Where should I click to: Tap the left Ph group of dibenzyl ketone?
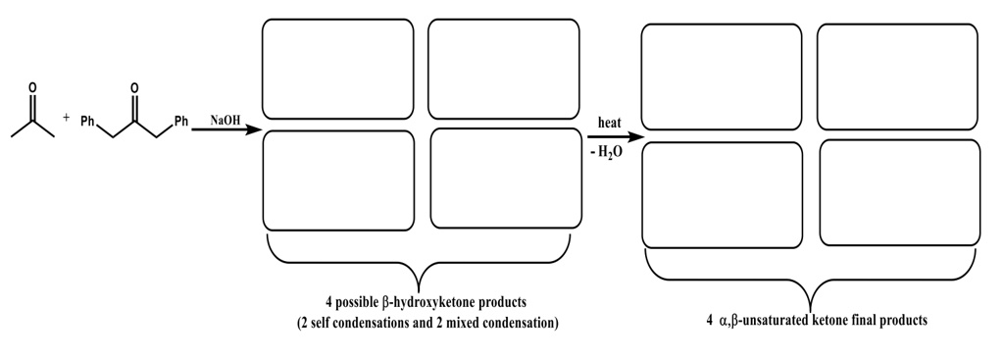coord(87,122)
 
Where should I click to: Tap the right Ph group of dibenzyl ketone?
coord(180,122)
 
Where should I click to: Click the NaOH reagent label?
coord(226,120)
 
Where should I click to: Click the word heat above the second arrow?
coord(610,122)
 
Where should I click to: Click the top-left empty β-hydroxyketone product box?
coord(337,69)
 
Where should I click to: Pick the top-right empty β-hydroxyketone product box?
coord(503,69)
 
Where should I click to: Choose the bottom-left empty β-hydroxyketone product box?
coord(338,180)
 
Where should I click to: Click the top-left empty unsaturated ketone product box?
coord(721,77)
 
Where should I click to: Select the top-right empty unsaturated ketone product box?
coord(897,77)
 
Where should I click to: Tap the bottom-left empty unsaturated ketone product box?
coord(722,194)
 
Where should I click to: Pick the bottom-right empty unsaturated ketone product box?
coord(899,192)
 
